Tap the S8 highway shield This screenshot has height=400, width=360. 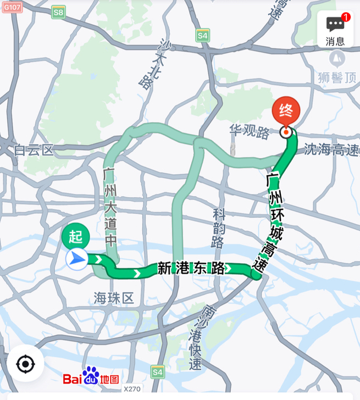point(58,12)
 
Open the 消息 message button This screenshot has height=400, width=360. point(335,30)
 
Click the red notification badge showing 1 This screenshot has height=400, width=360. point(346,17)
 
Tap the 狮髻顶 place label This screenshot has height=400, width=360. point(336,77)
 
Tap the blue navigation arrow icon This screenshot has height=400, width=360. point(77,258)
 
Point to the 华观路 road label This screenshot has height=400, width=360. point(250,132)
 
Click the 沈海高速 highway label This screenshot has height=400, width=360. point(331,149)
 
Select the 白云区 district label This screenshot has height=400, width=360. point(34,149)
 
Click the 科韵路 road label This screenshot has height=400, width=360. point(219,227)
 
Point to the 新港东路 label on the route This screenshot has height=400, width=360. point(191,268)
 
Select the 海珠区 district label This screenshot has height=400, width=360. point(114,298)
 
